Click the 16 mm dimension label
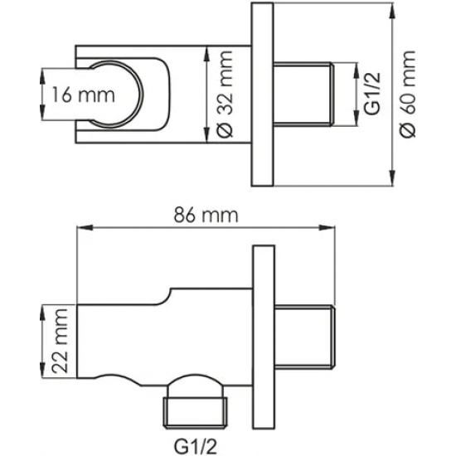pos(84,95)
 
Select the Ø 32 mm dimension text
pos(226,95)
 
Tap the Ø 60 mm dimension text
pos(407,94)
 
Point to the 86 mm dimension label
pos(206,216)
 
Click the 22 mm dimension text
pos(61,342)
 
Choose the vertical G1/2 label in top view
pos(372,94)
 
